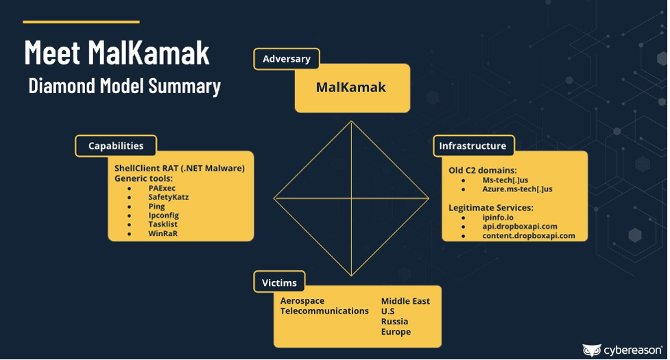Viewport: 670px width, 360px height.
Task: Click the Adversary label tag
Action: coord(286,59)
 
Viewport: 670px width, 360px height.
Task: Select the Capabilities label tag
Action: coord(116,146)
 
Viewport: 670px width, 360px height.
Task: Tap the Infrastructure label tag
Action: coord(474,146)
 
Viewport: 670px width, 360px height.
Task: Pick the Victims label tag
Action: coord(279,283)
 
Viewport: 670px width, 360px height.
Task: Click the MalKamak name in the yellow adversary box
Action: coord(351,88)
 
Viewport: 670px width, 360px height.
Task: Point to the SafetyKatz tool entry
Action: coord(168,197)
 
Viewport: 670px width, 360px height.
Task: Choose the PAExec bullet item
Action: coord(162,189)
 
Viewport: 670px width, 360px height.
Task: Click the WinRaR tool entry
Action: coord(163,234)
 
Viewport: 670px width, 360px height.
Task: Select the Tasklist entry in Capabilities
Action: coord(163,224)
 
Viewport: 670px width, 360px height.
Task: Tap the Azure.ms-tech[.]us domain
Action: coord(518,189)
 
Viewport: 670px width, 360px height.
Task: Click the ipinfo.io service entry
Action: coord(498,217)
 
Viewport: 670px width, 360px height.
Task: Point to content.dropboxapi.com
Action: coord(529,236)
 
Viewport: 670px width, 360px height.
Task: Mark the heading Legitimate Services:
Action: coord(491,208)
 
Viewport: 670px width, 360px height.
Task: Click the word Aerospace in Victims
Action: coord(302,301)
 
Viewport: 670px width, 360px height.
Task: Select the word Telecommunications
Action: coord(324,311)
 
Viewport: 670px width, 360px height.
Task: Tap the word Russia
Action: coord(394,322)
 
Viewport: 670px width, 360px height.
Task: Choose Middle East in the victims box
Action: coord(405,301)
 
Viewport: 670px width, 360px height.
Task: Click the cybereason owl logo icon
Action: coord(592,350)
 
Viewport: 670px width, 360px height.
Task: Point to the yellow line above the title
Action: coord(81,22)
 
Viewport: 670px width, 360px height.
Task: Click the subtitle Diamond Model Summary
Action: coord(124,86)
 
